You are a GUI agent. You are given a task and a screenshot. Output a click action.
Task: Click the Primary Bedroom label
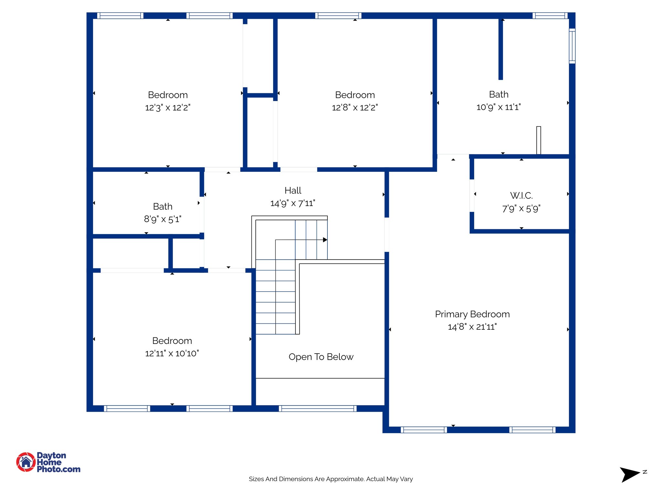[x=472, y=314]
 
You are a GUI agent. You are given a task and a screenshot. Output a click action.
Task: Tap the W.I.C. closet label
[x=521, y=196]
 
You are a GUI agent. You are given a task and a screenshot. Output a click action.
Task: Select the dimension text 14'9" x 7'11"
[x=293, y=203]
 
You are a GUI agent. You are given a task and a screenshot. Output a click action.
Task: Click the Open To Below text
[x=321, y=357]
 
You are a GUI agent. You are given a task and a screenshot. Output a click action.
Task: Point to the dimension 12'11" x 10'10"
[x=172, y=354]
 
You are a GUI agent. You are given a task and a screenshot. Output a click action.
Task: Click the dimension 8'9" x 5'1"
[x=163, y=219]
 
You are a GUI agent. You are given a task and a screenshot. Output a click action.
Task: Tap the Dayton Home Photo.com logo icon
[x=26, y=462]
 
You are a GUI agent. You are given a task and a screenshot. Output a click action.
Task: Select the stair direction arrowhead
[x=325, y=240]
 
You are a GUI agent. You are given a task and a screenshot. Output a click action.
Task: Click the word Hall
[x=293, y=191]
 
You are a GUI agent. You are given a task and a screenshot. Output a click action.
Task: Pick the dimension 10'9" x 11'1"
[x=498, y=107]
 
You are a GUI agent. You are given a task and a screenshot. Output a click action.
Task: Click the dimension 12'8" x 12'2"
[x=355, y=108]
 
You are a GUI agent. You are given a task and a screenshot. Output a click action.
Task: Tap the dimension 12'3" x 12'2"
[x=168, y=108]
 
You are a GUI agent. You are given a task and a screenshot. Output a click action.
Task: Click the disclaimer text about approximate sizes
[x=331, y=479]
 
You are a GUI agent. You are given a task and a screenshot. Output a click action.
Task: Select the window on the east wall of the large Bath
[x=572, y=46]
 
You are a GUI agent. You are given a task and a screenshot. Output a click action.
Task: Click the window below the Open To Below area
[x=317, y=408]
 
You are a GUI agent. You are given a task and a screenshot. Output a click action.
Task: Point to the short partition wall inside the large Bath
[x=501, y=48]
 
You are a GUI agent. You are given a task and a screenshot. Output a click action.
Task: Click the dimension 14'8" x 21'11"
[x=472, y=327]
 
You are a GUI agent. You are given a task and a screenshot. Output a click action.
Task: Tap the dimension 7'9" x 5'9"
[x=521, y=209]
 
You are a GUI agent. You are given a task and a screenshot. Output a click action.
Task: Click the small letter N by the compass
[x=645, y=472]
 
